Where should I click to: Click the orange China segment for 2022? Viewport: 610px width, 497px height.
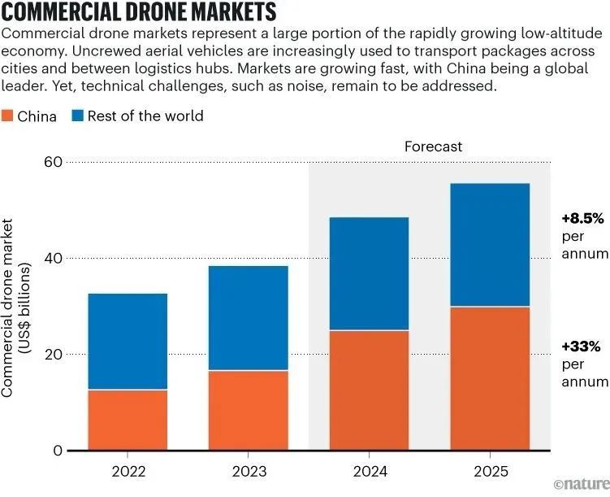coord(128,420)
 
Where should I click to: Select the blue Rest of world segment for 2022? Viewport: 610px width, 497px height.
coord(128,342)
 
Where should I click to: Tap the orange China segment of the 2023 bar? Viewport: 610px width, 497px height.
coord(249,410)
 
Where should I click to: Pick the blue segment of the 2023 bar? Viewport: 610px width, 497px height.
coord(249,318)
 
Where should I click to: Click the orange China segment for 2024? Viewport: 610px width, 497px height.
coord(370,390)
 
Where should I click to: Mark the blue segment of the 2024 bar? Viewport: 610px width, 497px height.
coord(370,273)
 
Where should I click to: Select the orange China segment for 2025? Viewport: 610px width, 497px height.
coord(490,378)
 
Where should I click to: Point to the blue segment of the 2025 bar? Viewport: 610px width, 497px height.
coord(490,245)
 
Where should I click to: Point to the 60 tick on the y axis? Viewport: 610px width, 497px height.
coord(53,162)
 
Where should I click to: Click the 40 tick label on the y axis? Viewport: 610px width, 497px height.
coord(53,258)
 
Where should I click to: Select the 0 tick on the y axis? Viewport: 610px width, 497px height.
coord(57,451)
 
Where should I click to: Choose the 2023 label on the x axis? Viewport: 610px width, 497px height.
coord(249,471)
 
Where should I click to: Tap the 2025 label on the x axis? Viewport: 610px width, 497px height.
coord(490,471)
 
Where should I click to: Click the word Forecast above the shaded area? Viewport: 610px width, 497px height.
coord(433,146)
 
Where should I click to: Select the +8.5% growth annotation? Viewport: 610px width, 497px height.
coord(582,219)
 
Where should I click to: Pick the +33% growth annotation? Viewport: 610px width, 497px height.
coord(581,347)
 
